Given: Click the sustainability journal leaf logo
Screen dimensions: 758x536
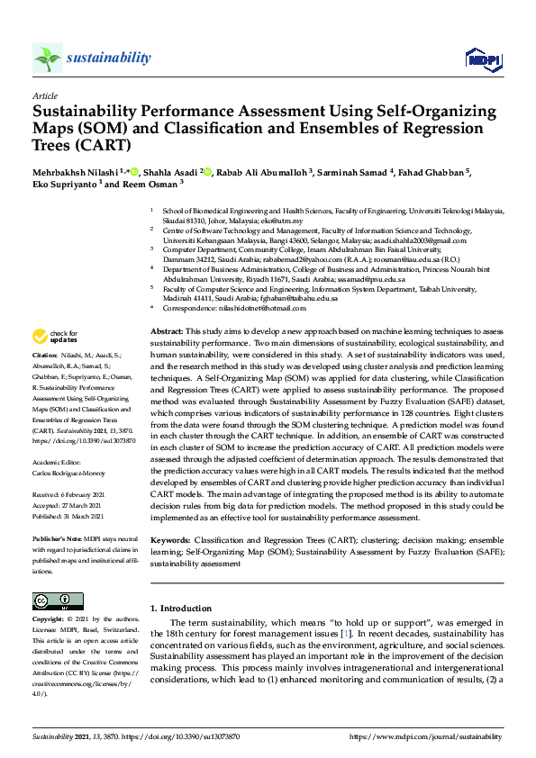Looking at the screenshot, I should (48, 58).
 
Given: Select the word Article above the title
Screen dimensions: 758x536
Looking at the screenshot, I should (44, 95).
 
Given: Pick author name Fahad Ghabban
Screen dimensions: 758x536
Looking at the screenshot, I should (430, 172).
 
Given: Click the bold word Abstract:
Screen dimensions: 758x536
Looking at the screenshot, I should (168, 332).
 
